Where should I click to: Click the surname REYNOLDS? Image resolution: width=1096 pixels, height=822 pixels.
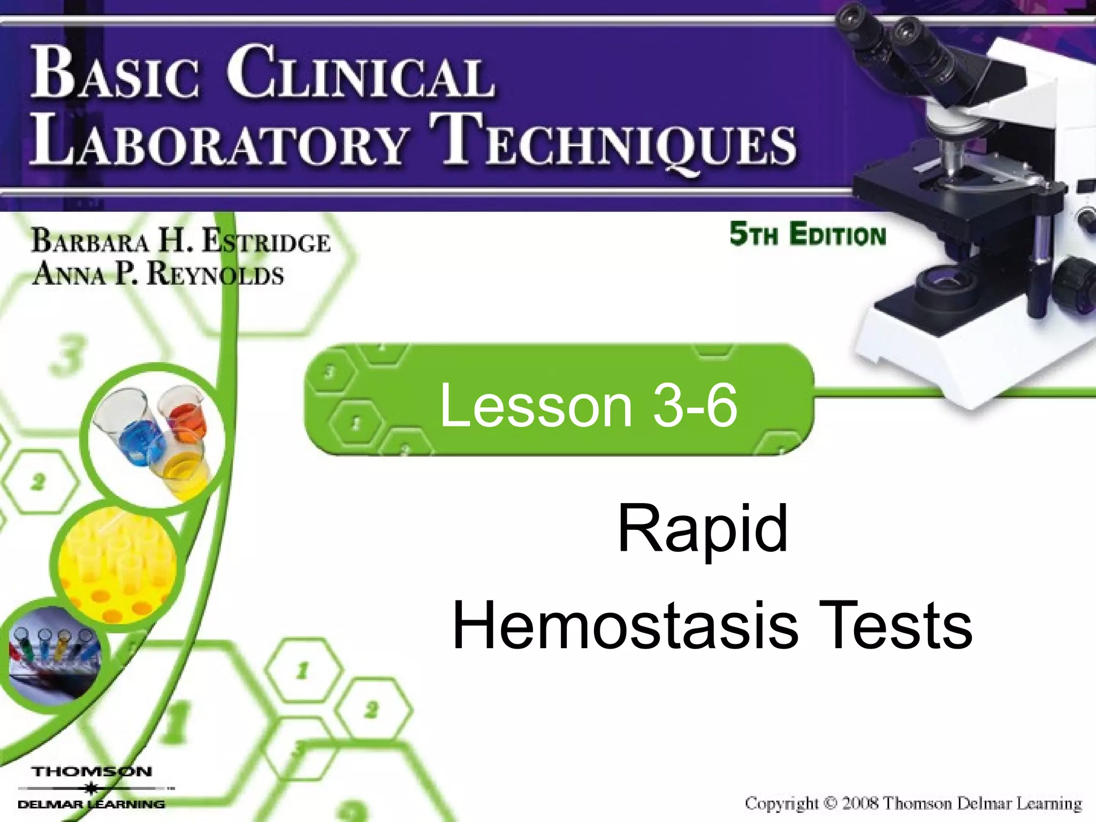click(215, 275)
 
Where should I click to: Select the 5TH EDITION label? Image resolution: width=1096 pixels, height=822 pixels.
click(808, 235)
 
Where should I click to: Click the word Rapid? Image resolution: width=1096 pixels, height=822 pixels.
click(702, 530)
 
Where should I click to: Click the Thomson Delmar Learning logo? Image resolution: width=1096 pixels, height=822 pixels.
click(92, 787)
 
